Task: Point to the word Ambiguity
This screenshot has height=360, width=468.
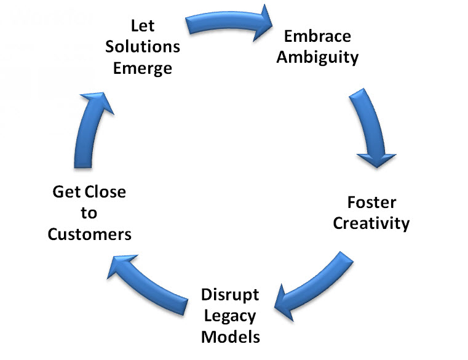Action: pos(317,57)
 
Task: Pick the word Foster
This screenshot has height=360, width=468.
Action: pos(371,202)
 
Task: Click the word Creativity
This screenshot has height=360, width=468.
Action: pos(371,223)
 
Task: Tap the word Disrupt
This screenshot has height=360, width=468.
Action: pos(230,294)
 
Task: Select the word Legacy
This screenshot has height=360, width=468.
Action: pos(230,315)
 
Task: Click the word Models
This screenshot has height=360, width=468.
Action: pos(230,336)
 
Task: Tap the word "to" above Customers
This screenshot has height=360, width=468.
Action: pos(89,214)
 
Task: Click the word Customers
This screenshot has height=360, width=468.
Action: pos(89,234)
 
